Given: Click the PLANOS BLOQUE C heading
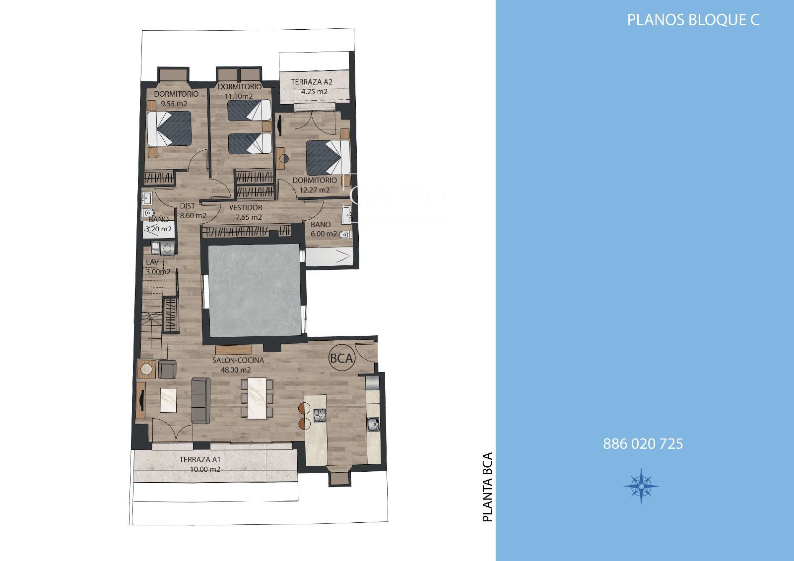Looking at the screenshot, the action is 693,20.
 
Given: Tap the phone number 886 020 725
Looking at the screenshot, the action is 643,444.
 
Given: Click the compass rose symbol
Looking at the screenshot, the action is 641,486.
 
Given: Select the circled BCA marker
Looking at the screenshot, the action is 342,358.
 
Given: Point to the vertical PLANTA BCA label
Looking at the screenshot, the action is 488,487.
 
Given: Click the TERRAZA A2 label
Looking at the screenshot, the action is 312,82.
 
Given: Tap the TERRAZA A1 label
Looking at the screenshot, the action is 200,460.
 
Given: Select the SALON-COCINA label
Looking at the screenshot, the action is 238,360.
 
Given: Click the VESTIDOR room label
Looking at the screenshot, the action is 246,208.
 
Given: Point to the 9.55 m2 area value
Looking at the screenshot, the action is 174,104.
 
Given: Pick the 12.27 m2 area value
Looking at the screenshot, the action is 315,190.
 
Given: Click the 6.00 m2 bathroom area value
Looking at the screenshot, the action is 324,234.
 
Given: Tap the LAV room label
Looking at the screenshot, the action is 152,262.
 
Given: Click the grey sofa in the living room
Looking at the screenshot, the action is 200,400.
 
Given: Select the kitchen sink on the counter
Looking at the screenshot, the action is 373,424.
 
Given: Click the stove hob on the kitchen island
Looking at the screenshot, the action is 320,415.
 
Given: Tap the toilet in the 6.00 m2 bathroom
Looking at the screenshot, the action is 344,235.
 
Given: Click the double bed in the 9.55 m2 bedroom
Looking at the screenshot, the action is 169,128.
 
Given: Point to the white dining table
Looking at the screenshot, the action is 257,398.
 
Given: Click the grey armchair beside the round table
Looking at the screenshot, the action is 167,369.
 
